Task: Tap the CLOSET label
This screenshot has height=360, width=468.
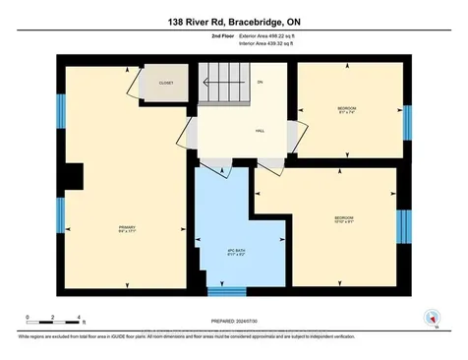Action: click(x=166, y=84)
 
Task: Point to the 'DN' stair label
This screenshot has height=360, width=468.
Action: click(x=260, y=83)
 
